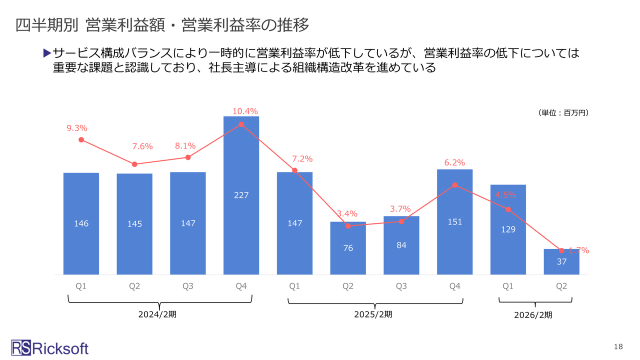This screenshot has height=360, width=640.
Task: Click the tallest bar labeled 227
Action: [x=241, y=195]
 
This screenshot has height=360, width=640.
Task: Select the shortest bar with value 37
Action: [x=561, y=261]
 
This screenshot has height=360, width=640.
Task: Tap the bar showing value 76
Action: [x=348, y=248]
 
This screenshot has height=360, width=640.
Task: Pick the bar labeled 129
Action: [x=508, y=229]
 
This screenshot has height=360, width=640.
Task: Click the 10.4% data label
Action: [x=245, y=111]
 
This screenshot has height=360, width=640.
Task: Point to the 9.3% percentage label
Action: [x=77, y=128]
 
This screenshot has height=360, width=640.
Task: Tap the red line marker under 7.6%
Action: [x=134, y=164]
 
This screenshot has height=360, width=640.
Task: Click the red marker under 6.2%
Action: [x=454, y=185]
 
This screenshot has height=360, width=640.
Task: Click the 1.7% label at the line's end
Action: [x=579, y=250]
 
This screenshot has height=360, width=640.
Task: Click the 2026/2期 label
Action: [x=533, y=315]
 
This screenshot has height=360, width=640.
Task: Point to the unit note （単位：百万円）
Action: [x=563, y=113]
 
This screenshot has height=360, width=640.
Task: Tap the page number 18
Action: [x=618, y=347]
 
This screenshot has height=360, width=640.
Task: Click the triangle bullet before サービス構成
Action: [x=47, y=52]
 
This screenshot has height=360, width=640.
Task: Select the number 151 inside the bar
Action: [x=454, y=221]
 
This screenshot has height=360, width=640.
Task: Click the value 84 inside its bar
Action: [x=401, y=245]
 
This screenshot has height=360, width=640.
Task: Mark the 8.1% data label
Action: [x=185, y=146]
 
